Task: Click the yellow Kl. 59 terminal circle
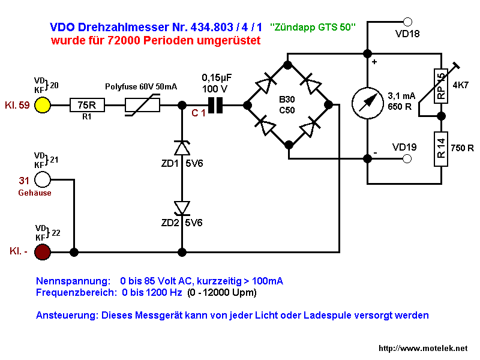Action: tap(43, 105)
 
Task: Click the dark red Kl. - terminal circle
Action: tap(43, 252)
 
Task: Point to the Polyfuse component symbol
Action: tap(142, 105)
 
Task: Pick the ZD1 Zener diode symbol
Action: tap(181, 147)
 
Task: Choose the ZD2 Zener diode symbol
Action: tap(181, 208)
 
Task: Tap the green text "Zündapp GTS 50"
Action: tap(313, 28)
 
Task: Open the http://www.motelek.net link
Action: tap(422, 349)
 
